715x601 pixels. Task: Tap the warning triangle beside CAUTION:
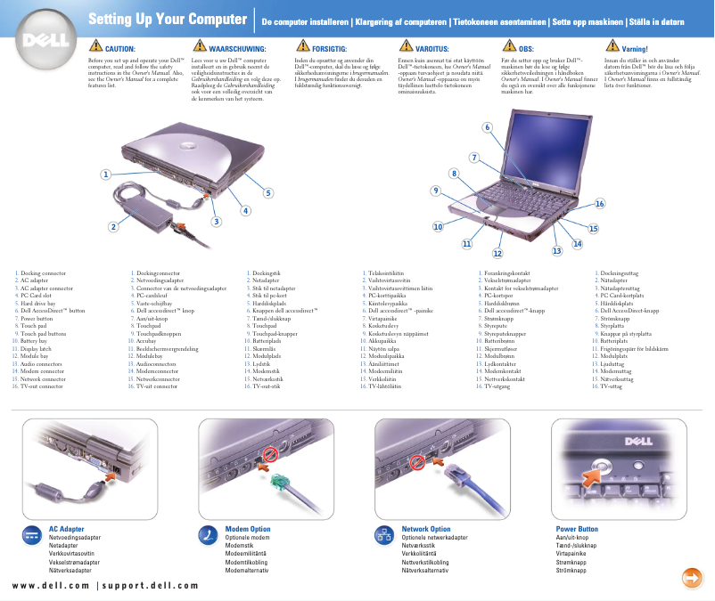(96, 45)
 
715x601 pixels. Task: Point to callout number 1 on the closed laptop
(106, 175)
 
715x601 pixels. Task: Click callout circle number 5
(268, 192)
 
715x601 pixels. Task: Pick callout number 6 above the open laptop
(487, 126)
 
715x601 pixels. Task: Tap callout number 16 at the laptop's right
(600, 204)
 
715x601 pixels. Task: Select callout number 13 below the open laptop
(557, 251)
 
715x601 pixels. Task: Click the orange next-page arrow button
(690, 576)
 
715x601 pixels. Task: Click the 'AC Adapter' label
(66, 529)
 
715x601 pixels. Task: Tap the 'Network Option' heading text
(426, 529)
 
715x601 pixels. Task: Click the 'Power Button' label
(577, 529)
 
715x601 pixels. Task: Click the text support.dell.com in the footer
(150, 585)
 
